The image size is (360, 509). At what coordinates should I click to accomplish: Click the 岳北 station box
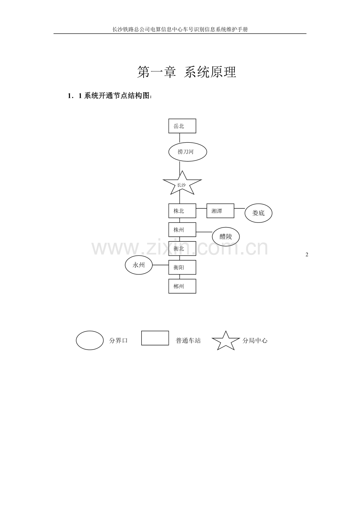pos(182,126)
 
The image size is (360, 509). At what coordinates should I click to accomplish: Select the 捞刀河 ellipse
pos(187,152)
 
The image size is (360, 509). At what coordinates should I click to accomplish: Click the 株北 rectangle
pos(182,211)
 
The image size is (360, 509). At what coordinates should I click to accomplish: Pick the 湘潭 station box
pos(220,211)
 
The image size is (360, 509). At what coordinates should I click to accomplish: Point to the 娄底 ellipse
pos(258,213)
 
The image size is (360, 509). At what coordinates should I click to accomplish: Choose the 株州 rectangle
pos(182,230)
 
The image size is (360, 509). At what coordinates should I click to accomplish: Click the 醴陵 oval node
pos(226,237)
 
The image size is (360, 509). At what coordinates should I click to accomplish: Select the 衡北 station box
pos(182,248)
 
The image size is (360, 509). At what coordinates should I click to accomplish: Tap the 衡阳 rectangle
pos(182,267)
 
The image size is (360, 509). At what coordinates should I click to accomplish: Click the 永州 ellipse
pos(139,265)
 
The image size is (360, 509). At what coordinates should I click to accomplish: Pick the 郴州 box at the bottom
pos(182,286)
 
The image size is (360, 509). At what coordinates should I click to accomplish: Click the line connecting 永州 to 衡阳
pos(160,265)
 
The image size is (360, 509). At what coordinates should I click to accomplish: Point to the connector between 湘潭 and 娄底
pos(239,208)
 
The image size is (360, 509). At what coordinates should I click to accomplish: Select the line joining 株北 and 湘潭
pos(201,208)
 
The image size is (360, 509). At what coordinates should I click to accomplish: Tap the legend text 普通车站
pos(188,341)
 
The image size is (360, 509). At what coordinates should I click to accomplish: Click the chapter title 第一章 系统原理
pos(187,72)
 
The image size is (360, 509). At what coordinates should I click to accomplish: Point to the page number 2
pos(307,255)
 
